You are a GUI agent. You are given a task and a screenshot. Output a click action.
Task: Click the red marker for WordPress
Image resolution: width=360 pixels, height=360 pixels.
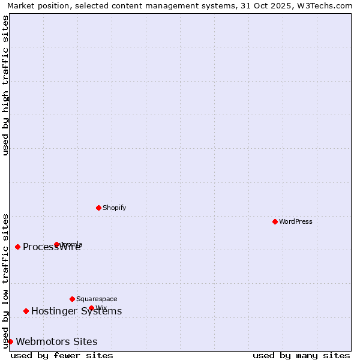coord(275,221)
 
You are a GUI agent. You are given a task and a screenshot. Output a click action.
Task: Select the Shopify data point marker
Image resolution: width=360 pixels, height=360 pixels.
coord(98,208)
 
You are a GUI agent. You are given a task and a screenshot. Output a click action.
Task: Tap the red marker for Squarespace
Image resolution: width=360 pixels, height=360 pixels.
coord(72,299)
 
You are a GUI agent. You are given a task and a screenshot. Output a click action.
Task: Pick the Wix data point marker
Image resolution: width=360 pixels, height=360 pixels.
coord(91,308)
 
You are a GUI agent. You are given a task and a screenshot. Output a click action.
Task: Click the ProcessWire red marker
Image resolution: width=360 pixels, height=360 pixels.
coord(17,247)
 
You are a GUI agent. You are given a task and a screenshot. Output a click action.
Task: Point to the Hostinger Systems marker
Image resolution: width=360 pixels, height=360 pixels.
coord(26,311)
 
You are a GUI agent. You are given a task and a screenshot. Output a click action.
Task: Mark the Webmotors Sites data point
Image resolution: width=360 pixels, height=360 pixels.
coord(10,341)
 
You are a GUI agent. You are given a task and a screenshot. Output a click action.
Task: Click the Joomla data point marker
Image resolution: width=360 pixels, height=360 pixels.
coord(57,244)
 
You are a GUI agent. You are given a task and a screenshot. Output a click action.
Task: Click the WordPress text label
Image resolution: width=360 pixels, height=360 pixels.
coord(296,221)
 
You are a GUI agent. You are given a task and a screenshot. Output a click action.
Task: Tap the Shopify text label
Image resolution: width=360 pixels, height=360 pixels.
coord(114,208)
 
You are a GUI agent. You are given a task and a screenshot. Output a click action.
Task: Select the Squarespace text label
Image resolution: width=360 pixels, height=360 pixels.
coord(97,299)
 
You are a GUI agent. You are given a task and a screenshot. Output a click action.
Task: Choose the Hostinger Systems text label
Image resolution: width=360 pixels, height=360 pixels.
coord(76,311)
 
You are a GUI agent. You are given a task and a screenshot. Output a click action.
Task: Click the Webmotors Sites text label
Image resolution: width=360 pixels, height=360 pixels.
coord(56,341)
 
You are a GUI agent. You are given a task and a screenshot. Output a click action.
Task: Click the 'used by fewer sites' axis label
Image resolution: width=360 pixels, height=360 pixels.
coord(62,355)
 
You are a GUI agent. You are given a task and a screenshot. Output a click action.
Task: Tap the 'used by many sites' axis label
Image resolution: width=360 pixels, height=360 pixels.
coord(301,355)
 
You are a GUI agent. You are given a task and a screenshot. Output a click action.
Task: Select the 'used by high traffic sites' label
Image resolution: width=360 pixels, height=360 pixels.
coord(5,85)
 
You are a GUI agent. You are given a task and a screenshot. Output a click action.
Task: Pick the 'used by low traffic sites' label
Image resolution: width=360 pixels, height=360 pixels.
coord(5,281)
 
